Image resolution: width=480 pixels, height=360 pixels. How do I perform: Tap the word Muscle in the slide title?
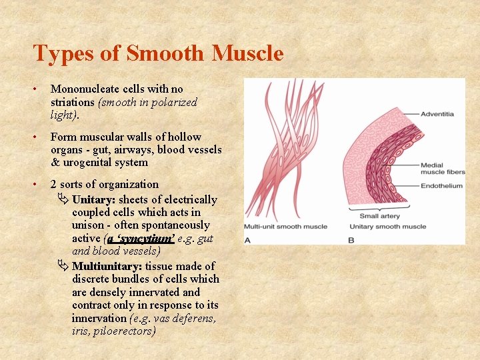pyautogui.click(x=247, y=53)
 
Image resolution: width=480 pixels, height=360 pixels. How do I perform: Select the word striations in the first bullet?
pyautogui.click(x=73, y=102)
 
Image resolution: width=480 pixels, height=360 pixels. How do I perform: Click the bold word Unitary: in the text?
pyautogui.click(x=94, y=199)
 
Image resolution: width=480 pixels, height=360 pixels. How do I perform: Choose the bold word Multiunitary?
pyautogui.click(x=107, y=266)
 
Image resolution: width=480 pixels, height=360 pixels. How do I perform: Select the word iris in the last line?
pyautogui.click(x=81, y=331)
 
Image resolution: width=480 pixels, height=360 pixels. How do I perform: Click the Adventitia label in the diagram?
pyautogui.click(x=437, y=114)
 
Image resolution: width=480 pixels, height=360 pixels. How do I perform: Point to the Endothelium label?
pyautogui.click(x=441, y=186)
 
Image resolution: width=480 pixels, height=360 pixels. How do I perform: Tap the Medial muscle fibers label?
pyautogui.click(x=441, y=169)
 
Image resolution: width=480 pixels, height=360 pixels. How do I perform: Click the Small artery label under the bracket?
pyautogui.click(x=379, y=216)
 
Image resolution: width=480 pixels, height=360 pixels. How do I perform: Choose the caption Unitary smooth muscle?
pyautogui.click(x=388, y=227)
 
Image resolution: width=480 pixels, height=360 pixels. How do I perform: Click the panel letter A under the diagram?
pyautogui.click(x=248, y=239)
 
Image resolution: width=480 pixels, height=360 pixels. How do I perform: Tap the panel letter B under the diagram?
pyautogui.click(x=351, y=239)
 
